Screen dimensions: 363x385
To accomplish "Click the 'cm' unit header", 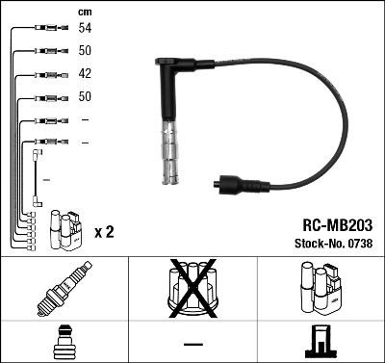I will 85,12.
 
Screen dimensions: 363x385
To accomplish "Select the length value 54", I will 85,30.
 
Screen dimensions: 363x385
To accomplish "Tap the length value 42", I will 85,74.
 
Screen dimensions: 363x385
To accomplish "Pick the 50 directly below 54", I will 85,50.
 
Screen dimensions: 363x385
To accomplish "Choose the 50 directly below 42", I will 85,97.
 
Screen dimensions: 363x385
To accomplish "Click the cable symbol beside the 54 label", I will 47,30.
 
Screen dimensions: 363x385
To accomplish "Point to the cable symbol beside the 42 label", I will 47,74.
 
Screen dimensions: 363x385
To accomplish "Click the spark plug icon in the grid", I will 64,290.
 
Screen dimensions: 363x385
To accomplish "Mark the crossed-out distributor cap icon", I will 192,289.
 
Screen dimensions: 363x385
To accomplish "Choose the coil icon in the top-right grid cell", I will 320,290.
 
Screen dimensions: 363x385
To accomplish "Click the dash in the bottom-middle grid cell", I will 192,342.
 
